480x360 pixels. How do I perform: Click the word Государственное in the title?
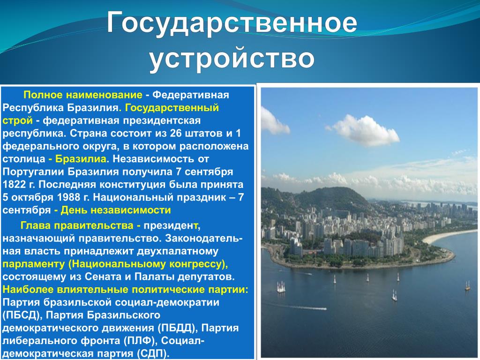point(232,22)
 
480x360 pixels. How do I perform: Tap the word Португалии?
point(33,172)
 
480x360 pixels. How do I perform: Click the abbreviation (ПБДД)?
point(177,328)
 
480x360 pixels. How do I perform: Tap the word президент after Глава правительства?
point(171,225)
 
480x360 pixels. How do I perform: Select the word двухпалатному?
point(178,251)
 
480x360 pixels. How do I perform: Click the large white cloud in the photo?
point(364,130)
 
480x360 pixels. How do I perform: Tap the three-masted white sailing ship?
point(281,287)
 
